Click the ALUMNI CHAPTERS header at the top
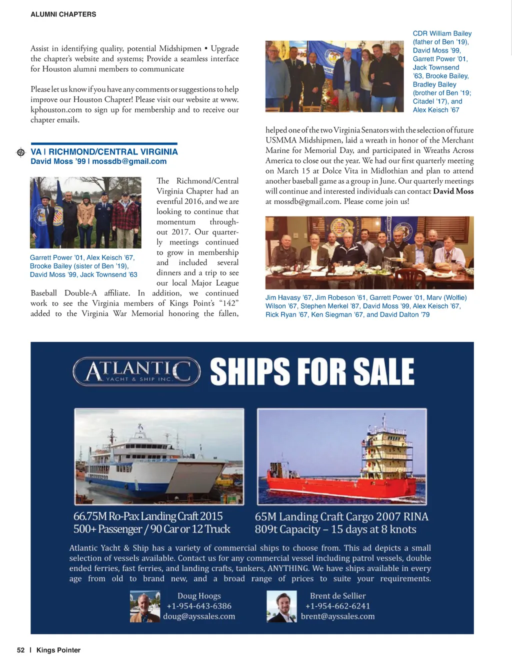tap(63, 14)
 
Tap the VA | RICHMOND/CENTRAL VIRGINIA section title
tap(104, 152)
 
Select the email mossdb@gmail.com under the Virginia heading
tap(129, 161)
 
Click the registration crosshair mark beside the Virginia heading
tap(20, 152)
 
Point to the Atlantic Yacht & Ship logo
tap(136, 371)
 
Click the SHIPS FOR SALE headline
tap(312, 371)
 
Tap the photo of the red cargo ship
tap(342, 456)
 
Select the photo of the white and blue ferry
tap(159, 456)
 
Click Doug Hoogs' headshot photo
tap(145, 606)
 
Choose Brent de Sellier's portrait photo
tap(282, 606)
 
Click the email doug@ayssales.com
tap(199, 616)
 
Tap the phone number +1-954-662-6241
tap(338, 606)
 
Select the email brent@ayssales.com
tap(338, 616)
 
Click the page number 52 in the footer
tap(20, 650)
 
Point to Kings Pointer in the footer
tap(58, 650)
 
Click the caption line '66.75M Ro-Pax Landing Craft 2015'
tap(148, 516)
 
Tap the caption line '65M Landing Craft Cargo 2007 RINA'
tap(341, 516)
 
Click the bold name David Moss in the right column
tap(453, 191)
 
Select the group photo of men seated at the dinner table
tap(369, 252)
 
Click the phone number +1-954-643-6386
tap(199, 606)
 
